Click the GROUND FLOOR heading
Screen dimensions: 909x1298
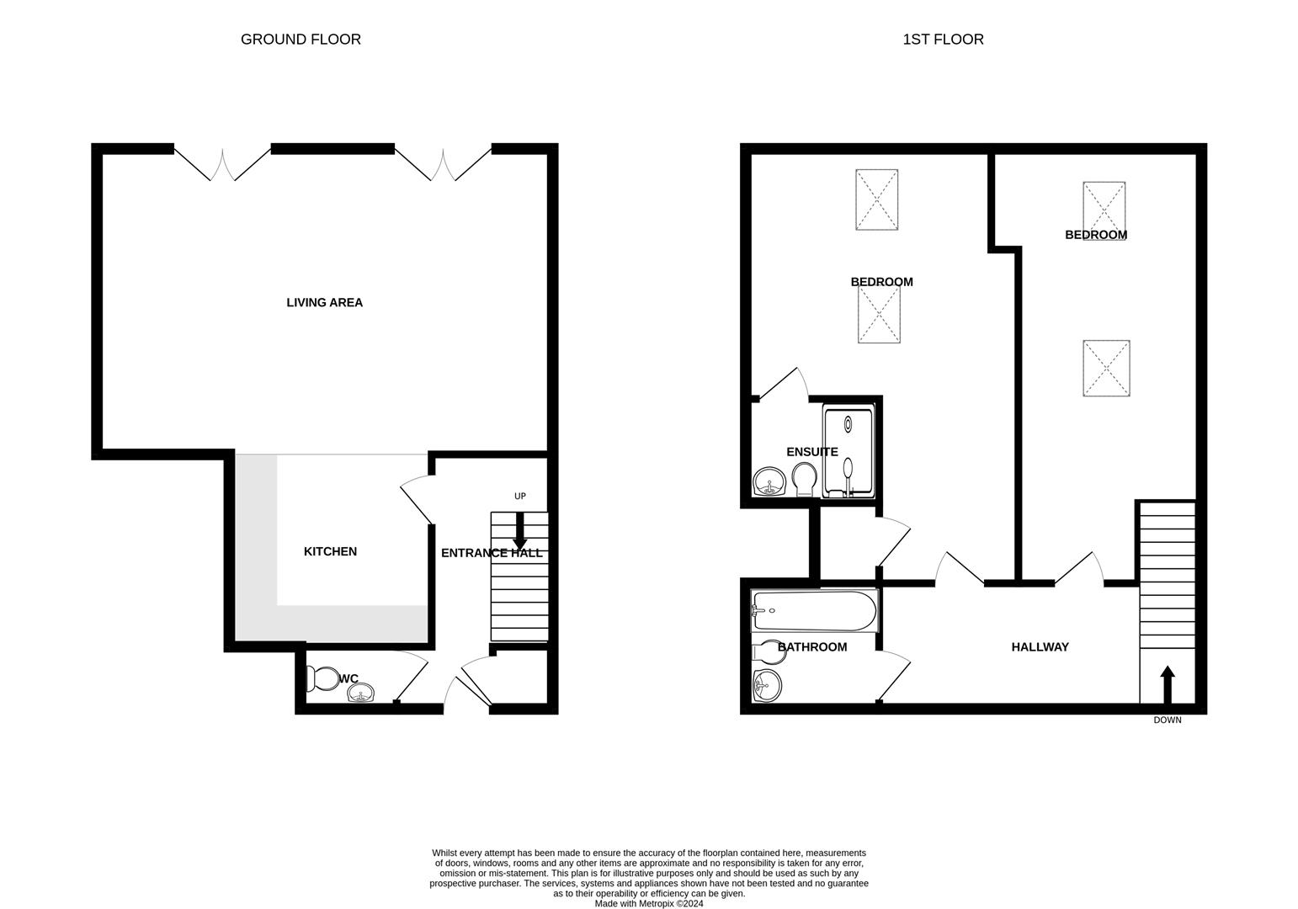tap(301, 40)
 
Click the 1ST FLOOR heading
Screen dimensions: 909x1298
tap(943, 40)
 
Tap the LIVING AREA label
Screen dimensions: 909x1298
tap(324, 303)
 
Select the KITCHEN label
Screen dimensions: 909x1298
tap(330, 552)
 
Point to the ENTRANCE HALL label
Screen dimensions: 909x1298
tap(492, 553)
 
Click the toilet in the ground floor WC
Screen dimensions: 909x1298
tap(321, 678)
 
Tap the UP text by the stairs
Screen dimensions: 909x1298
tap(520, 497)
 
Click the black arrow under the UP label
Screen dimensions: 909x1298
tap(520, 532)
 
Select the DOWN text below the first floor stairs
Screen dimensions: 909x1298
tap(1167, 720)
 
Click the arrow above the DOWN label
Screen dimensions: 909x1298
tap(1167, 684)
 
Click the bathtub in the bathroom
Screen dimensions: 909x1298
tap(814, 610)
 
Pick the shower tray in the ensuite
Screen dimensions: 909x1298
tap(848, 452)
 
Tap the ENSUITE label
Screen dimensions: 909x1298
tap(811, 452)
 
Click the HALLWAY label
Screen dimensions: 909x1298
tap(1040, 647)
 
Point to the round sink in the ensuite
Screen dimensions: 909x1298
tap(769, 482)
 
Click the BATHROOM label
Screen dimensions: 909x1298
tap(812, 647)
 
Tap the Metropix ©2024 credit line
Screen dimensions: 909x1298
tap(648, 904)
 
